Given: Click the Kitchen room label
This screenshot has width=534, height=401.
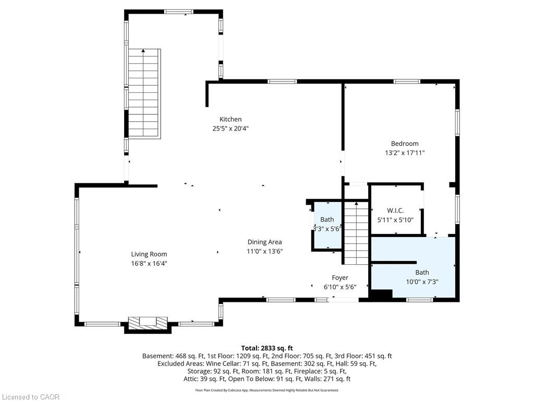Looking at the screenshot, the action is pyautogui.click(x=230, y=120).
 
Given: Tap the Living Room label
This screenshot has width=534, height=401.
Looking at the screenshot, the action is pyautogui.click(x=149, y=254).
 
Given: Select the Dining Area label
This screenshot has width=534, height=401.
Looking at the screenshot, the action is pyautogui.click(x=264, y=242).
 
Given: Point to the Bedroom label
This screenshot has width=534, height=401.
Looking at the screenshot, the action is pyautogui.click(x=405, y=144).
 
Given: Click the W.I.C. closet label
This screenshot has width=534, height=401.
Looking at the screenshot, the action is pyautogui.click(x=395, y=211).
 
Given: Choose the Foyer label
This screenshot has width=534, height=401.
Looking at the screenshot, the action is pyautogui.click(x=340, y=278).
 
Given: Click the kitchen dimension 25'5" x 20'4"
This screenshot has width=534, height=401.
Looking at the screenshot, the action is pyautogui.click(x=230, y=128).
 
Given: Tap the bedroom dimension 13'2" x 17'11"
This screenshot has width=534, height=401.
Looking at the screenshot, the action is pyautogui.click(x=405, y=153).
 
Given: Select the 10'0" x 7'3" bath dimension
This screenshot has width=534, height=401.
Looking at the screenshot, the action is pyautogui.click(x=422, y=281).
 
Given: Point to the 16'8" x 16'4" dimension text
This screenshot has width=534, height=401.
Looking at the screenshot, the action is pyautogui.click(x=149, y=263).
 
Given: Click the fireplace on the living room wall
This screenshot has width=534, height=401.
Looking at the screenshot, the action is pyautogui.click(x=148, y=324).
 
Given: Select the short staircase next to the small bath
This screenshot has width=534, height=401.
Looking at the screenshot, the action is pyautogui.click(x=356, y=233).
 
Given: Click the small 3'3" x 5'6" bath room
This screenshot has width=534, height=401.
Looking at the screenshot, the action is pyautogui.click(x=327, y=226).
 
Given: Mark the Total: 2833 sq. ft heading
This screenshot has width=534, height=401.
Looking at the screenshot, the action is pyautogui.click(x=267, y=348).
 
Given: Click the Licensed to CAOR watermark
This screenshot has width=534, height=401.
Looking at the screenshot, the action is pyautogui.click(x=31, y=397).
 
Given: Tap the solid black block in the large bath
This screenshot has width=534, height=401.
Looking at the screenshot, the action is pyautogui.click(x=381, y=296).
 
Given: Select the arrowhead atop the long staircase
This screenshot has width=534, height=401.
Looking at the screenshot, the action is pyautogui.click(x=143, y=51).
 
